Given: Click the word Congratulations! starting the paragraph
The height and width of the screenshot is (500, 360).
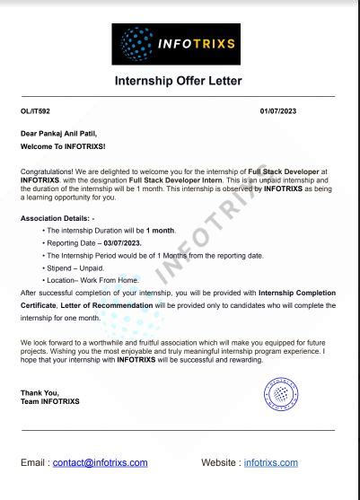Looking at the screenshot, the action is click(x=46, y=169).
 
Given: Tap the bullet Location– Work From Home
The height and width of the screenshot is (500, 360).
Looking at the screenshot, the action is click(x=90, y=280).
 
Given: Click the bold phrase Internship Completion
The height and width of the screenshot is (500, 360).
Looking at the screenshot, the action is click(x=296, y=293).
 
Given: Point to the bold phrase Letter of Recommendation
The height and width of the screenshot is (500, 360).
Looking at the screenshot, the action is click(x=105, y=305).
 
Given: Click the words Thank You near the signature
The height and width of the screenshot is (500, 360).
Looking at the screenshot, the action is click(x=37, y=392).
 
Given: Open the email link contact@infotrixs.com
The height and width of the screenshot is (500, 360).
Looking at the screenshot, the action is click(x=101, y=462).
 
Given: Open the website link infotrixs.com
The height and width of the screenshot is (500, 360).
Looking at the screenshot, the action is click(x=270, y=462).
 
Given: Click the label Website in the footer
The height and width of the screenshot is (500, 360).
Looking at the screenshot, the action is click(x=219, y=462).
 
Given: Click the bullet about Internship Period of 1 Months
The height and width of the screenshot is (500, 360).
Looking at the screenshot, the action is click(x=154, y=255).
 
